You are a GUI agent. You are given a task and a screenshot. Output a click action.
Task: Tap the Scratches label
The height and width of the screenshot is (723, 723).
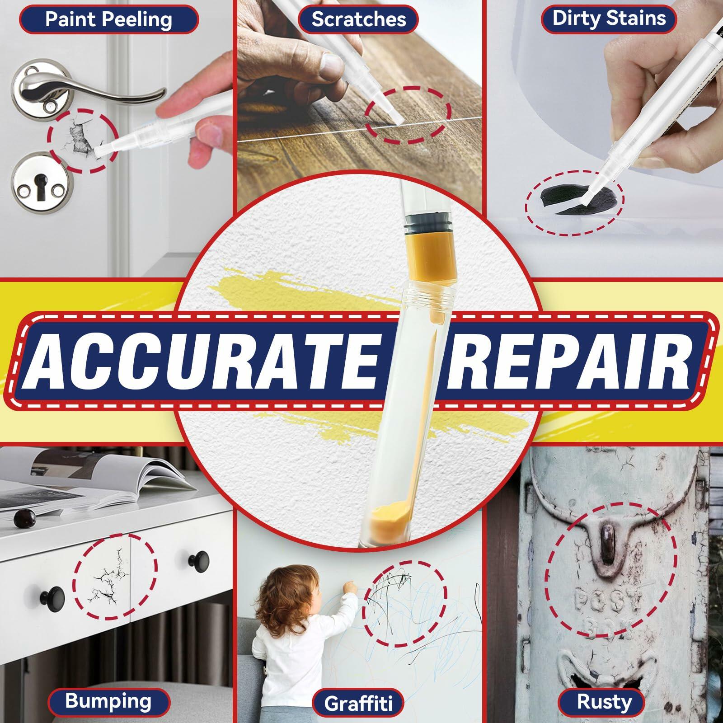click(x=358, y=19)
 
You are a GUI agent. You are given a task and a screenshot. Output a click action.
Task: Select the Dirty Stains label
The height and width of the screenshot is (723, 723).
click(x=609, y=19)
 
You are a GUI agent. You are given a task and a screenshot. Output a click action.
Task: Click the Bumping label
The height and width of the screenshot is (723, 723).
click(x=108, y=701)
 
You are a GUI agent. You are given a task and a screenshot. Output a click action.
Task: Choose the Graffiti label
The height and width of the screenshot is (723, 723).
click(x=358, y=703)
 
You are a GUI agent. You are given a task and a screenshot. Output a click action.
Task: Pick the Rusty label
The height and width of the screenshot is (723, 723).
click(x=604, y=702)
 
